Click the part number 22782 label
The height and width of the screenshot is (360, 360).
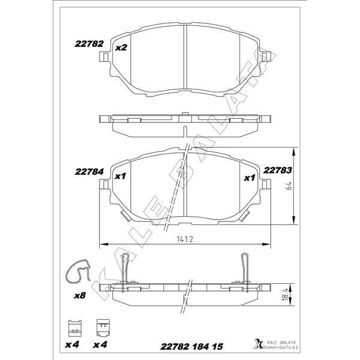(x=89, y=44)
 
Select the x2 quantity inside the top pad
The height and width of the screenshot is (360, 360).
(x=121, y=47)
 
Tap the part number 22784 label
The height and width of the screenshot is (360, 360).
(x=89, y=171)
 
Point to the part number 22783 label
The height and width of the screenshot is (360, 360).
(x=278, y=170)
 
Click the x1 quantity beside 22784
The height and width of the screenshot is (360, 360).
(x=119, y=177)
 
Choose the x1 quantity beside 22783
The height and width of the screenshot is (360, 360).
(x=249, y=178)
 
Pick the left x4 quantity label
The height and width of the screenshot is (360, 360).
(x=72, y=345)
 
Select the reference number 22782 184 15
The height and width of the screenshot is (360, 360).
(x=192, y=346)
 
